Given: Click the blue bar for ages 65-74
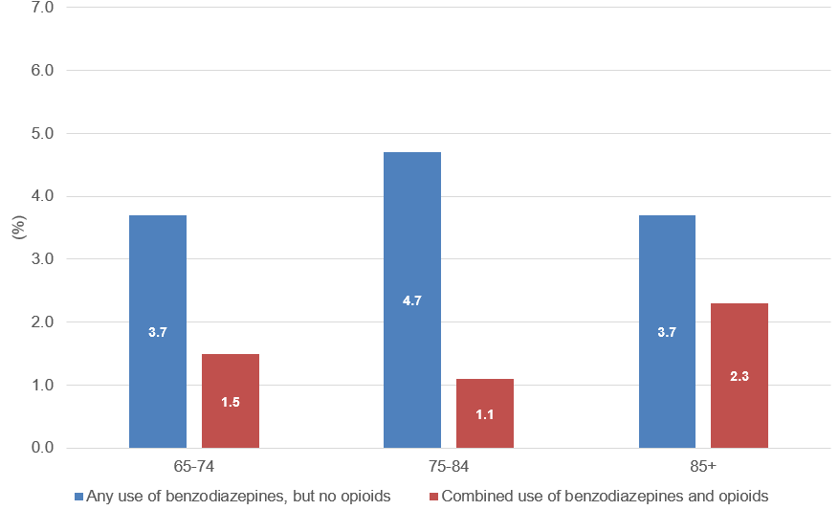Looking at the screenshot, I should [158, 287].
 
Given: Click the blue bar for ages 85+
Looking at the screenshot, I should [667, 287].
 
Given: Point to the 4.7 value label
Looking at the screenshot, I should [412, 300].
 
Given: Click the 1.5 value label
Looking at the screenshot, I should [231, 402].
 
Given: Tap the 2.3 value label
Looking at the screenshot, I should [740, 377].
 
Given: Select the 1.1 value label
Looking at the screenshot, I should [485, 414].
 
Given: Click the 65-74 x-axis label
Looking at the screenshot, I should [194, 468].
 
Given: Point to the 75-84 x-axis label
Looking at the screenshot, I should [449, 468].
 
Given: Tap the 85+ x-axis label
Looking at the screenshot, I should [703, 468].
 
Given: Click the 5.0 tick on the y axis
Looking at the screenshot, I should [41, 133].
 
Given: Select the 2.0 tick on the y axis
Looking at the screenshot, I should [41, 322].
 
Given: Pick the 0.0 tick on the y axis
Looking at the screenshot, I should [41, 448].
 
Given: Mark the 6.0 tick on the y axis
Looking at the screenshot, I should [41, 70].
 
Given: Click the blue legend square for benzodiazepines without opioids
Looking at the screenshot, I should [79, 497].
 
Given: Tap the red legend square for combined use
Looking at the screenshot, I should [434, 497].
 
